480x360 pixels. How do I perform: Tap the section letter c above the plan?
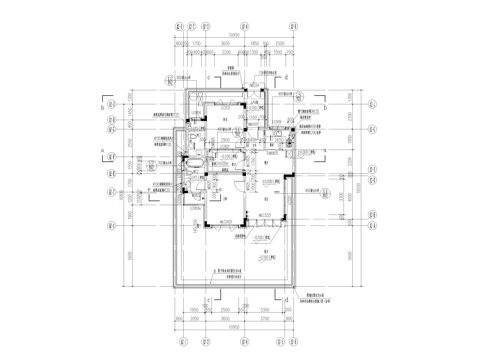(x=208, y=76)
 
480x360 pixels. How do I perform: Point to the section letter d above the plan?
(x=285, y=76)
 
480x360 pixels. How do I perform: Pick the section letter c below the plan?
(x=208, y=298)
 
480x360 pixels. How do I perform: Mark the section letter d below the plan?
(x=285, y=298)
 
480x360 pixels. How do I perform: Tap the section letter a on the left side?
(x=103, y=152)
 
